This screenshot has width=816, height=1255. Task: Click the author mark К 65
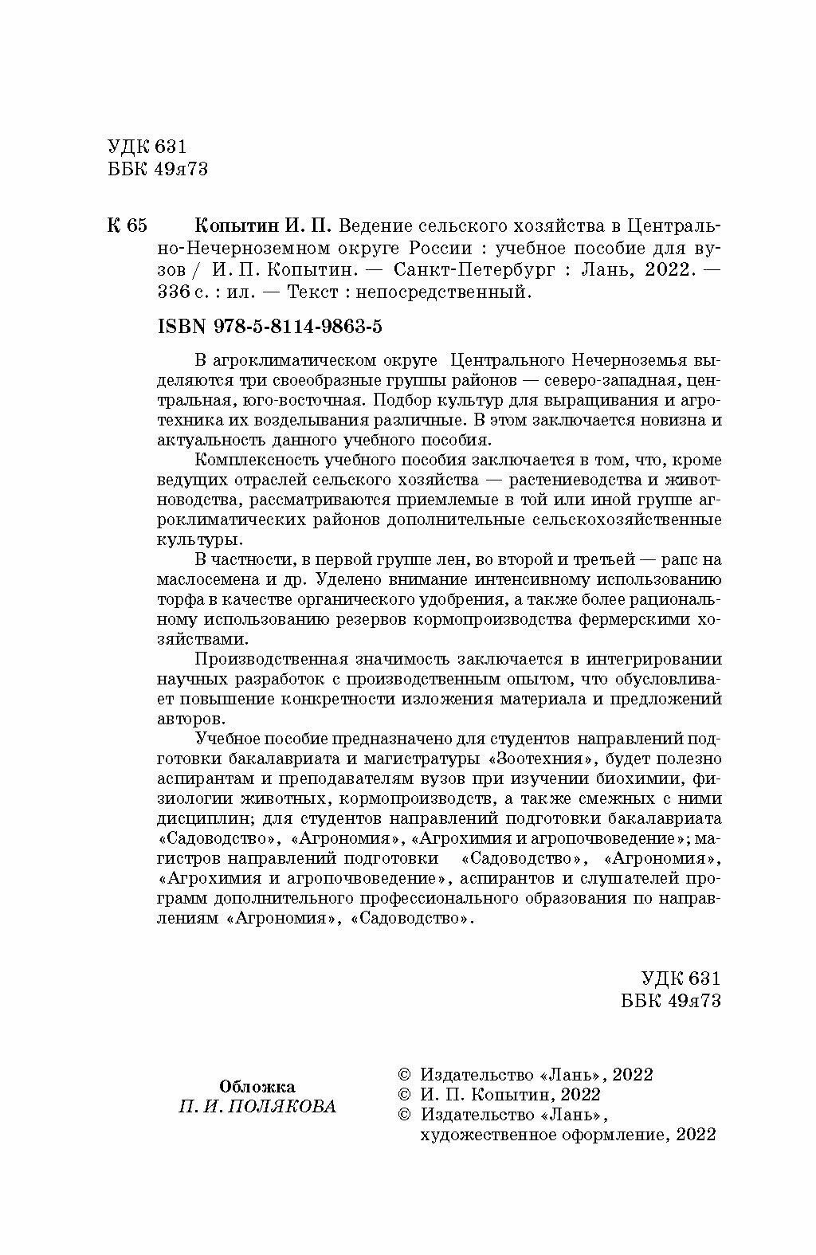point(126,226)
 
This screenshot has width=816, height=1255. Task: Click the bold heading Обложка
point(257,1086)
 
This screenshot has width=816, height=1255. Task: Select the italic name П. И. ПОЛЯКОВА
point(257,1107)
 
